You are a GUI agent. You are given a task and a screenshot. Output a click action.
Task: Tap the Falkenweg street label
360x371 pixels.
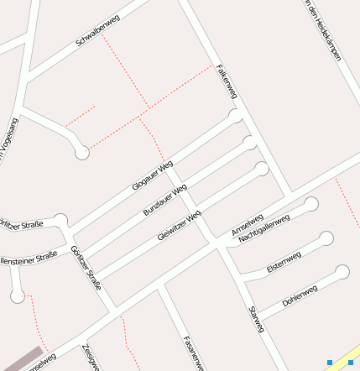click(227, 81)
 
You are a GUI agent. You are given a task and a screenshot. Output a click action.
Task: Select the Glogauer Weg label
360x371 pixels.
click(153, 174)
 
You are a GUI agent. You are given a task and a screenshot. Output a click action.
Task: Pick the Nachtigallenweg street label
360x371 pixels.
click(263, 228)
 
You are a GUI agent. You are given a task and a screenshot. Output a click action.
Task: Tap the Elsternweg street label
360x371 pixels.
click(283, 261)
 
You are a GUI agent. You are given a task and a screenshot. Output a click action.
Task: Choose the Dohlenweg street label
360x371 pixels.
click(300, 295)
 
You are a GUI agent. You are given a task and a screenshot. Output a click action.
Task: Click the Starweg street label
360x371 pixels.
click(257, 320)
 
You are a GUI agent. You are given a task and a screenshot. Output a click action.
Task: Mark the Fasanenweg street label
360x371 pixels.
click(193, 353)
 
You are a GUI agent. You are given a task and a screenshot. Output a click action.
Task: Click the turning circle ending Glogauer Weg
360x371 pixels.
click(237, 116)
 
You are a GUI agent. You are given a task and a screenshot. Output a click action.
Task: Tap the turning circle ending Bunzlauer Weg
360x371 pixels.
click(249, 142)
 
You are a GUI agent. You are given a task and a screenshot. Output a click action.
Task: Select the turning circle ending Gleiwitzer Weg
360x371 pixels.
click(262, 169)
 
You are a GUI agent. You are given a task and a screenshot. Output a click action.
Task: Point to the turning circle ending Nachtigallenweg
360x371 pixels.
click(311, 204)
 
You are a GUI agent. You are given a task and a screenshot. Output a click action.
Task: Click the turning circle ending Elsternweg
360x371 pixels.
click(326, 238)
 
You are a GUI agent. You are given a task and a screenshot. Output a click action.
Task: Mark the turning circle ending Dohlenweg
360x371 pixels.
click(342, 271)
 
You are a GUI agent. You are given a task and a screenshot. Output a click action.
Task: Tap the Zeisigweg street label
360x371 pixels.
click(91, 357)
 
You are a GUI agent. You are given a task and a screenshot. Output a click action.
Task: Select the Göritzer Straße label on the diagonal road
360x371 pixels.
click(86, 268)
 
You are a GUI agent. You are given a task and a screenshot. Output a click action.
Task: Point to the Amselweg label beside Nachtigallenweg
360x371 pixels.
click(247, 222)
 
